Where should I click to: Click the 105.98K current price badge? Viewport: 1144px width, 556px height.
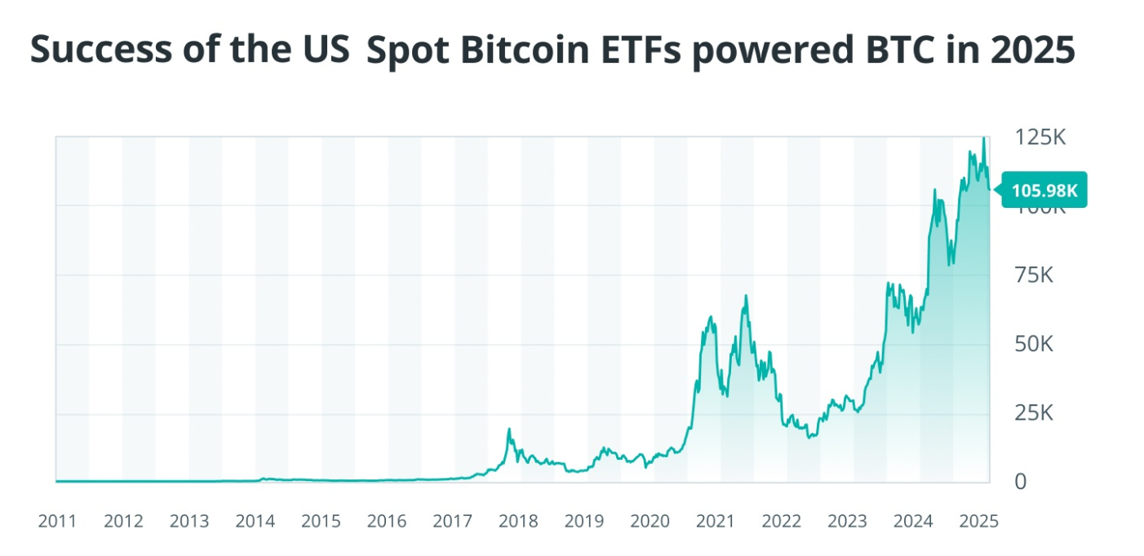(1044, 191)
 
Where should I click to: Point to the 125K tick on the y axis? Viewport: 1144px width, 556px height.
(1040, 137)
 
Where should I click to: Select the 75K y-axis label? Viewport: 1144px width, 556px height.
(1034, 276)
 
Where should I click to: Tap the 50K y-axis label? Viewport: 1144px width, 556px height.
(1034, 344)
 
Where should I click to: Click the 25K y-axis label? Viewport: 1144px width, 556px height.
(1034, 413)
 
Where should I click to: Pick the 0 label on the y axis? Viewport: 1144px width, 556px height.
(1021, 482)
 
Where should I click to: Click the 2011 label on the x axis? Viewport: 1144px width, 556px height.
(57, 521)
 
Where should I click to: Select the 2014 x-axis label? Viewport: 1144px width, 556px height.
(255, 521)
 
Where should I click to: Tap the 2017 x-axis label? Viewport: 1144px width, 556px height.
(453, 521)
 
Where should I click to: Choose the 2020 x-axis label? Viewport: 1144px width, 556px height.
(650, 521)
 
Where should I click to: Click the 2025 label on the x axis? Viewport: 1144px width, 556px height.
(980, 521)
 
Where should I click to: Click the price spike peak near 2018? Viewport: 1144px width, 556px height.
(509, 430)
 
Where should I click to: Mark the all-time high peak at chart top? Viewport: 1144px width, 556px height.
(983, 139)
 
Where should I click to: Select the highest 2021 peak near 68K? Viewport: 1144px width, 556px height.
(745, 296)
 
